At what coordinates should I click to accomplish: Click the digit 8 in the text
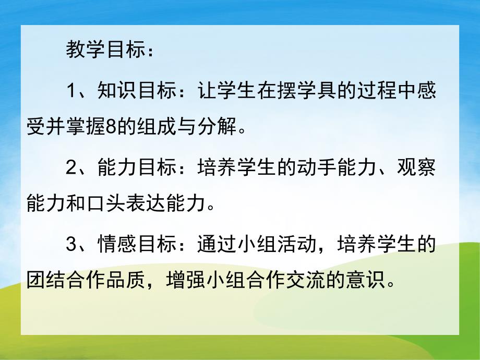coord(111,125)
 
